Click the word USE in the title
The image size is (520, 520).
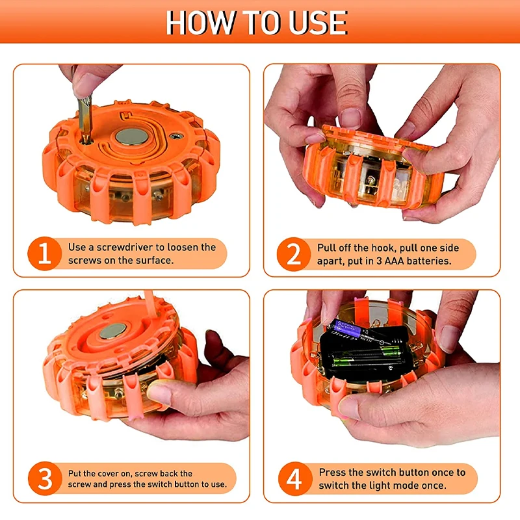(x=318, y=23)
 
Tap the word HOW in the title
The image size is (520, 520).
(x=200, y=23)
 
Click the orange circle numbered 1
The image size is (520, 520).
(x=44, y=253)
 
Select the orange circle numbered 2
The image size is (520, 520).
(x=294, y=254)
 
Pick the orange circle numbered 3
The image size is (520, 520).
(x=45, y=478)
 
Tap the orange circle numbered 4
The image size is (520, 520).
(x=295, y=479)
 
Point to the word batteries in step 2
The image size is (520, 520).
(x=429, y=261)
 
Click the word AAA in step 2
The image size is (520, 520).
(x=394, y=261)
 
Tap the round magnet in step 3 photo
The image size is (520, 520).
(x=112, y=331)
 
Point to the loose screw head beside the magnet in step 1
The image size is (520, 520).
(x=176, y=135)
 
